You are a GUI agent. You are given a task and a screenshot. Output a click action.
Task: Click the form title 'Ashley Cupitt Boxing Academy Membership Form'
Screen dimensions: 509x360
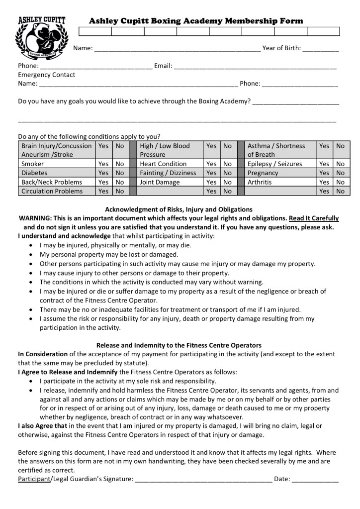point(195,21)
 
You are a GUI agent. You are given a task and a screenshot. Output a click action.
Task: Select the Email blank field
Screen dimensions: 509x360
point(255,66)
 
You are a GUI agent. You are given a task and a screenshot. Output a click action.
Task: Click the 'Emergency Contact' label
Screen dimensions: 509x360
point(47,75)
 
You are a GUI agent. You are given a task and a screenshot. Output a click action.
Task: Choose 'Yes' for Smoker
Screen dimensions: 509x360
point(103,164)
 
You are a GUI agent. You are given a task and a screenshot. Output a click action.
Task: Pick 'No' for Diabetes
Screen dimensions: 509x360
point(120,173)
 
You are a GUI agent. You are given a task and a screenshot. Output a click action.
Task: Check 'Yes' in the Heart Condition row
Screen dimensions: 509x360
point(212,164)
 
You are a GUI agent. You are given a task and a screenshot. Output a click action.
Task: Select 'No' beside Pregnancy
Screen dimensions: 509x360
point(340,173)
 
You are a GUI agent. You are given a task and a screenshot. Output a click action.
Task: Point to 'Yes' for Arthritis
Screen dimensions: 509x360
point(324,182)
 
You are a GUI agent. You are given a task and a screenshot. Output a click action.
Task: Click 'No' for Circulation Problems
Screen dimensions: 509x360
point(120,191)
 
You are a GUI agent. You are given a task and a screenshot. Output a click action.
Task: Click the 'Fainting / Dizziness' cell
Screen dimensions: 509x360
point(168,173)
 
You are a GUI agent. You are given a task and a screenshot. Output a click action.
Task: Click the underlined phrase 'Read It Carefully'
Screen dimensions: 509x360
point(314,218)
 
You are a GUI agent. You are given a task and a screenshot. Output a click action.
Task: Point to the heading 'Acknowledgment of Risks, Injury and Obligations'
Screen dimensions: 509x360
point(179,209)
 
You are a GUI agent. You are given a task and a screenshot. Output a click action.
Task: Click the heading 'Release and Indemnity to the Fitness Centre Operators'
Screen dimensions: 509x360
point(179,345)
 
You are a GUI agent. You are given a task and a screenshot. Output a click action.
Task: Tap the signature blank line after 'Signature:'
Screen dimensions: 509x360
point(203,480)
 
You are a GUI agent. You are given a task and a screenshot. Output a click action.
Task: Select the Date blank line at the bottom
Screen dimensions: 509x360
point(315,480)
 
